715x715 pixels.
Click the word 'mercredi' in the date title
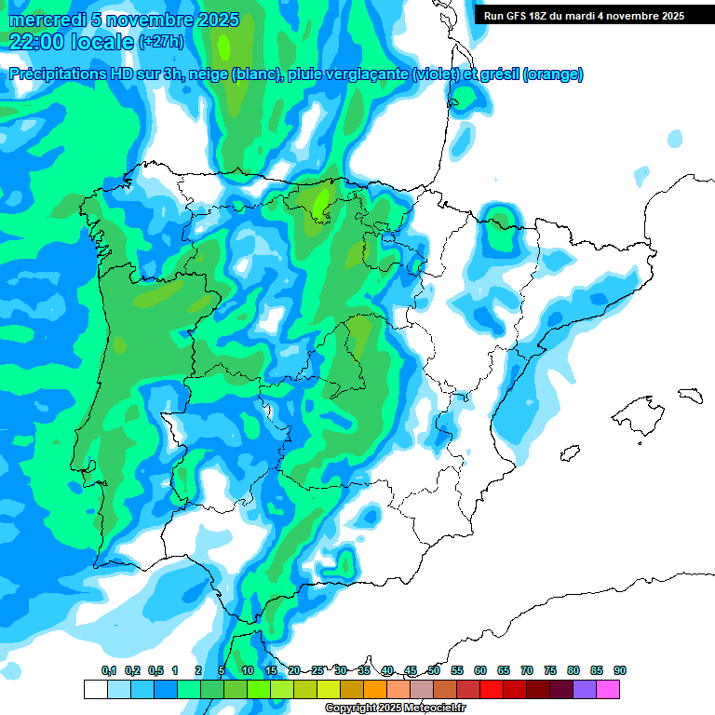point(47,20)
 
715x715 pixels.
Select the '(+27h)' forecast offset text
point(161,42)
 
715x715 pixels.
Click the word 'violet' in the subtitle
point(435,74)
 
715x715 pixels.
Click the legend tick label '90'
point(620,670)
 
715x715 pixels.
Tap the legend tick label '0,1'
point(108,670)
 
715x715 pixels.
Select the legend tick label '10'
point(248,670)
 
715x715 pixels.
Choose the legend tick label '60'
point(480,670)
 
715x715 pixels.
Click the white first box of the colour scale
point(95,689)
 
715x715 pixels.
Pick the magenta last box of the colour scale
point(608,689)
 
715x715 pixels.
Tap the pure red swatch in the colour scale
point(492,689)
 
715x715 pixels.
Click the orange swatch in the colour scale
point(375,689)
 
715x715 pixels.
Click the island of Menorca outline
point(690,394)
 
